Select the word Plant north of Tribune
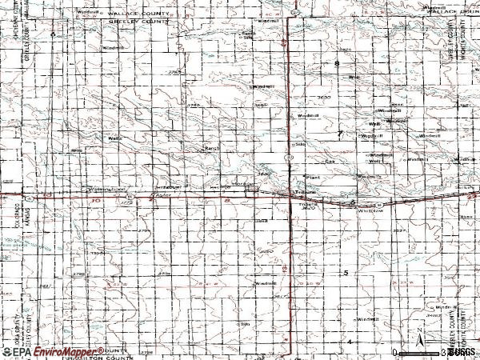313,178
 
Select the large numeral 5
346,274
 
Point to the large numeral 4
349,342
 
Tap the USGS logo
461,352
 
